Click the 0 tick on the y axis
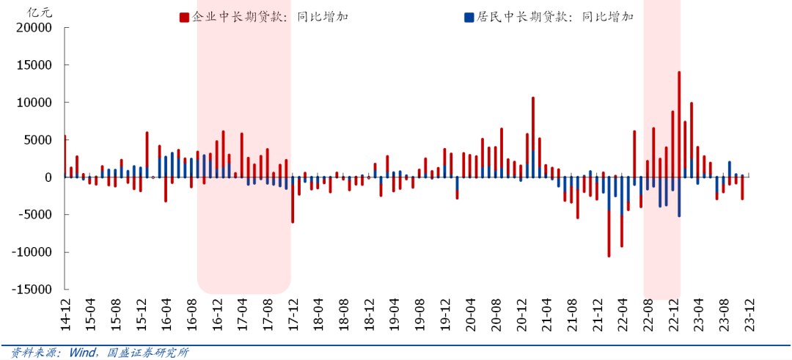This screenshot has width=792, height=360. pos(48,177)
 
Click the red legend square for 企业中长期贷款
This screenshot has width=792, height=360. pos(183,17)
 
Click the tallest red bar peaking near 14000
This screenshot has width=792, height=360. pos(679,125)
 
